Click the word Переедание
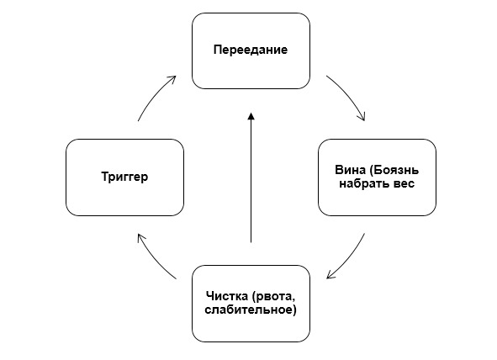tap(251, 50)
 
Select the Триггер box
tap(125, 177)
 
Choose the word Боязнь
tap(394, 170)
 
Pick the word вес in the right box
tap(404, 184)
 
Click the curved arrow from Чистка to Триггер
tap(154, 259)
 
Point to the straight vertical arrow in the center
tap(251, 177)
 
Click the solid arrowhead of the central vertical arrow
tap(251, 116)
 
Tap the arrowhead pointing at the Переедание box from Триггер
tap(172, 79)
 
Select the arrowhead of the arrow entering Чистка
tap(330, 275)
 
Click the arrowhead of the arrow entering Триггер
tap(141, 238)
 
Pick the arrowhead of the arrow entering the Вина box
tap(362, 117)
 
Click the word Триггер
tap(124, 177)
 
